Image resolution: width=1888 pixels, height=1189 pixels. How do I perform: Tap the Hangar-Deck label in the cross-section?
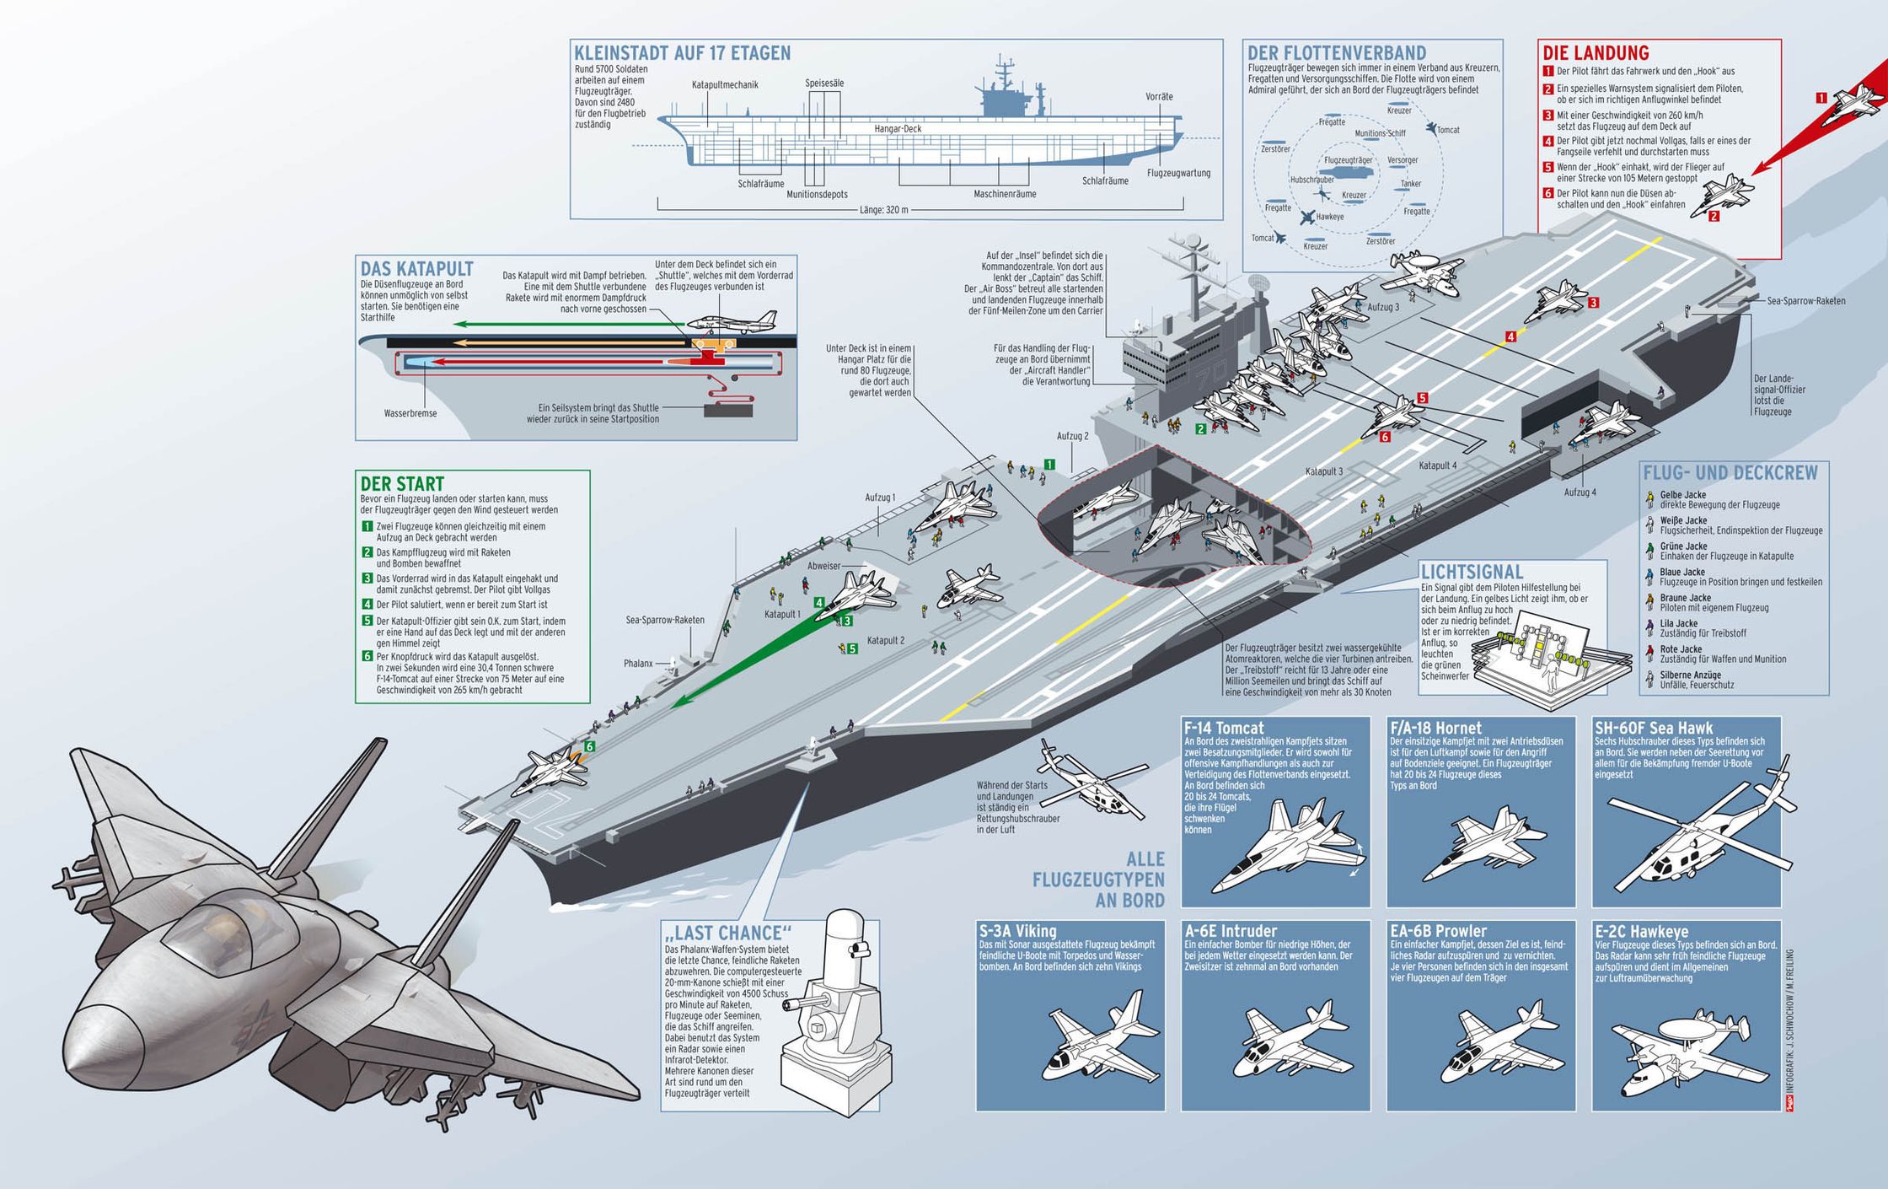pyautogui.click(x=898, y=129)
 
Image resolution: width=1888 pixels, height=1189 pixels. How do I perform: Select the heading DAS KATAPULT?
pyautogui.click(x=416, y=269)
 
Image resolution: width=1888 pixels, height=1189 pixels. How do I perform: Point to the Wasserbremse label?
pyautogui.click(x=410, y=414)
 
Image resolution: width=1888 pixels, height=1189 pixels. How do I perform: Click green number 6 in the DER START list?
pyautogui.click(x=367, y=656)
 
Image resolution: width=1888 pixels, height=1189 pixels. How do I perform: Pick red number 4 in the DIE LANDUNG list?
pyautogui.click(x=1548, y=142)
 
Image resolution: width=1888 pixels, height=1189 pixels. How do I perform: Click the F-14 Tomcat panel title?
pyautogui.click(x=1224, y=728)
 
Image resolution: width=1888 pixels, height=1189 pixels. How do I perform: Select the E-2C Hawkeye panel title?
pyautogui.click(x=1641, y=932)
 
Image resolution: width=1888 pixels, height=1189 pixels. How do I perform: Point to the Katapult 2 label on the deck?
pyautogui.click(x=885, y=641)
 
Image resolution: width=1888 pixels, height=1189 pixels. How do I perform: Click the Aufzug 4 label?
pyautogui.click(x=1580, y=492)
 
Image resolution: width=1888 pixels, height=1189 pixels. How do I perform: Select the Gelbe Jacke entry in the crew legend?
pyautogui.click(x=1682, y=495)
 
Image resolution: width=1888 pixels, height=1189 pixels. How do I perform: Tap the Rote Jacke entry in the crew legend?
pyautogui.click(x=1681, y=649)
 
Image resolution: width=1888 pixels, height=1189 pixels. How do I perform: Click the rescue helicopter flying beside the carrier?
pyautogui.click(x=1087, y=780)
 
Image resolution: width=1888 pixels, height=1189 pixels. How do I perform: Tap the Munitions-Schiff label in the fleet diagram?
pyautogui.click(x=1380, y=133)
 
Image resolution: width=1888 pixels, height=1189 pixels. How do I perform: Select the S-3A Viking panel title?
pyautogui.click(x=1017, y=932)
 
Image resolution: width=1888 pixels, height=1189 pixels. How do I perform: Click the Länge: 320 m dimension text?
pyautogui.click(x=883, y=210)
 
